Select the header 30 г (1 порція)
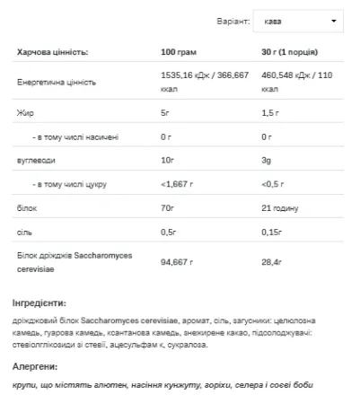click(x=286, y=53)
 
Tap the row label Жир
click(x=24, y=113)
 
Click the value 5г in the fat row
click(x=164, y=113)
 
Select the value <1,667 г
click(x=177, y=183)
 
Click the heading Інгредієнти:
click(x=40, y=303)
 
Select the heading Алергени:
click(x=36, y=366)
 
